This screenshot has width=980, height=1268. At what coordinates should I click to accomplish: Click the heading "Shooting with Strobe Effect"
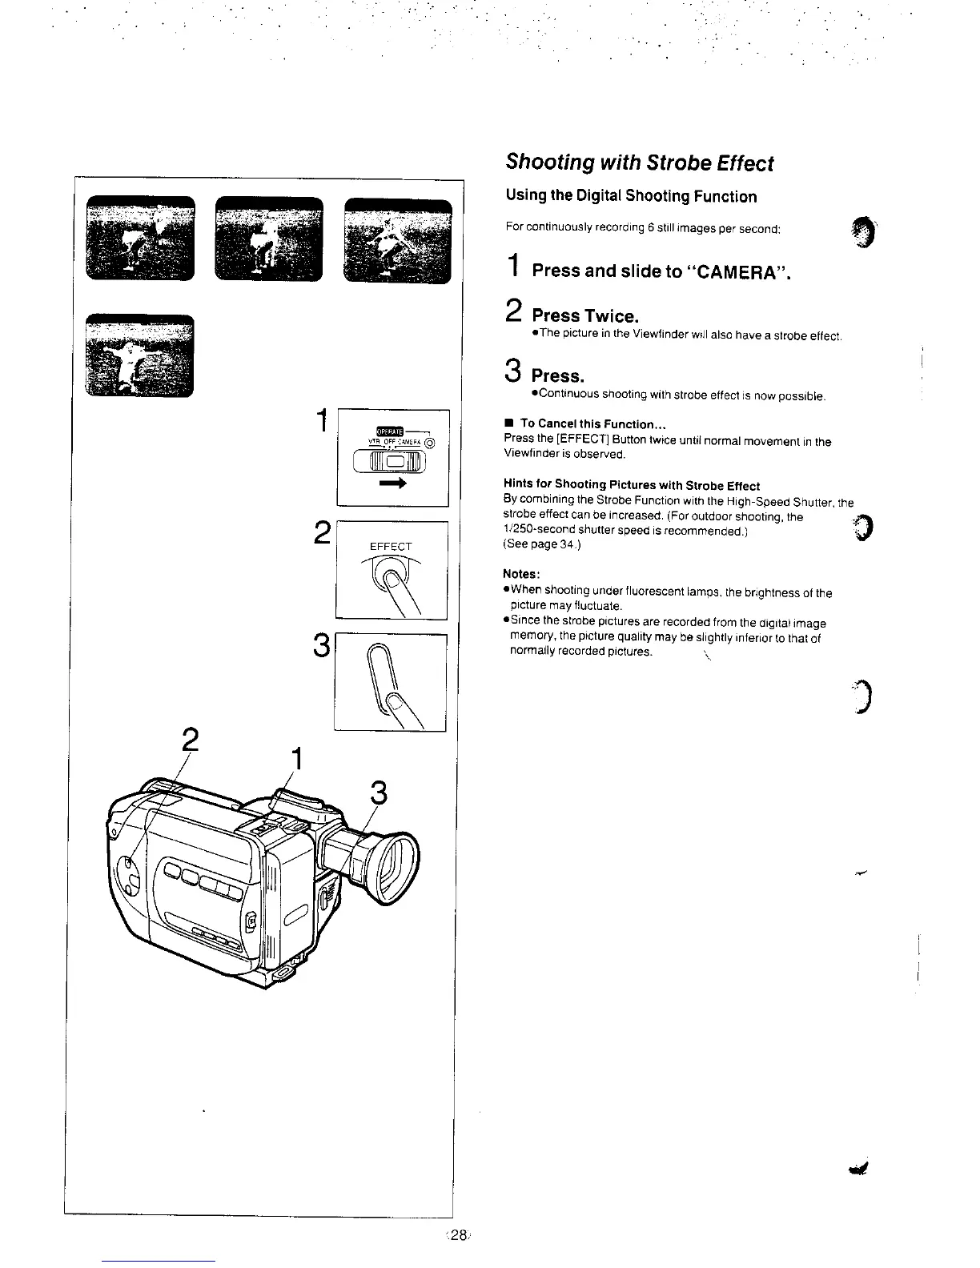[x=639, y=163]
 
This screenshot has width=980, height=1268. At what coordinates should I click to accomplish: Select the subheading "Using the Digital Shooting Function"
[x=631, y=197]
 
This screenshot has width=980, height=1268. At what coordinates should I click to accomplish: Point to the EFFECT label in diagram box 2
[x=390, y=547]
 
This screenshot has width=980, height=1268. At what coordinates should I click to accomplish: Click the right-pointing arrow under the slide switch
[x=393, y=485]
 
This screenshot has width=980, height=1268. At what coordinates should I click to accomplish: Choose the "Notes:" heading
[x=522, y=574]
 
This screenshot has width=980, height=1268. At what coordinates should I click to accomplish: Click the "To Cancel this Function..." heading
[x=593, y=423]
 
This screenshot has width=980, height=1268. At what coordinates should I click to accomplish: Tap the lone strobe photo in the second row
[x=139, y=355]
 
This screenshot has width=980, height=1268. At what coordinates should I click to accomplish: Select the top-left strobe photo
[x=139, y=238]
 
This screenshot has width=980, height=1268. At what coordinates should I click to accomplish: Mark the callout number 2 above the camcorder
[x=190, y=738]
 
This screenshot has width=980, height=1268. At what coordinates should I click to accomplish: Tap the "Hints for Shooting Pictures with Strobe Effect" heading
[x=631, y=485]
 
